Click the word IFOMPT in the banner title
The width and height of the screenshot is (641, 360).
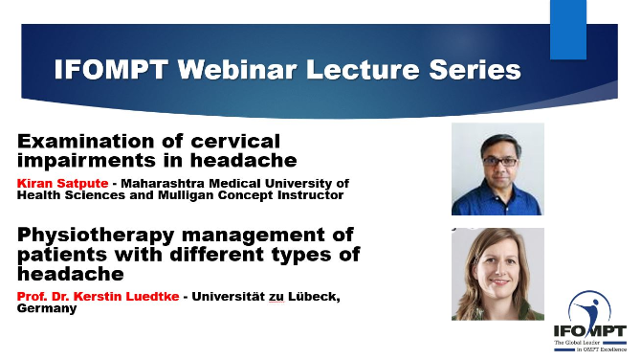pyautogui.click(x=111, y=69)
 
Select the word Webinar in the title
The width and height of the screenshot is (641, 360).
pyautogui.click(x=236, y=69)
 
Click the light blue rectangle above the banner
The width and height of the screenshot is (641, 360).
pyautogui.click(x=568, y=30)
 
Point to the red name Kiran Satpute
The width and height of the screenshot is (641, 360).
pyautogui.click(x=62, y=183)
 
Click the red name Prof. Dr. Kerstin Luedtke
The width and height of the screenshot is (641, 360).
pyautogui.click(x=99, y=296)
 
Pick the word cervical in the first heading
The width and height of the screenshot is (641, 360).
pyautogui.click(x=235, y=142)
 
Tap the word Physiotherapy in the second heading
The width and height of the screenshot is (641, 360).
pyautogui.click(x=96, y=236)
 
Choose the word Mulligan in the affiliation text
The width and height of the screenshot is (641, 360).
pyautogui.click(x=186, y=195)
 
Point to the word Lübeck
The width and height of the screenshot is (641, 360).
pyautogui.click(x=314, y=296)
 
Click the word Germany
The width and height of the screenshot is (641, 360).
pyautogui.click(x=47, y=308)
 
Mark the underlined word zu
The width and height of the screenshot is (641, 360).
pyautogui.click(x=276, y=297)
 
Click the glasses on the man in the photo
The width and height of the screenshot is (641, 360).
pyautogui.click(x=500, y=162)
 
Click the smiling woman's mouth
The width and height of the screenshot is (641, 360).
pyautogui.click(x=498, y=281)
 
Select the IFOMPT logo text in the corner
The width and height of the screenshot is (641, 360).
pyautogui.click(x=590, y=331)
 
